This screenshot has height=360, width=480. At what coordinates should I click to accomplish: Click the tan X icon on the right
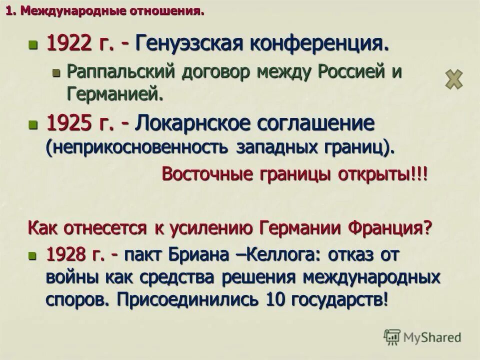(x=454, y=79)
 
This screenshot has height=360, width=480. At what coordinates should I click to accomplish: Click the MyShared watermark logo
(x=422, y=337)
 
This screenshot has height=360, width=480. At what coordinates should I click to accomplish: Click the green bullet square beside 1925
(x=33, y=124)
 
